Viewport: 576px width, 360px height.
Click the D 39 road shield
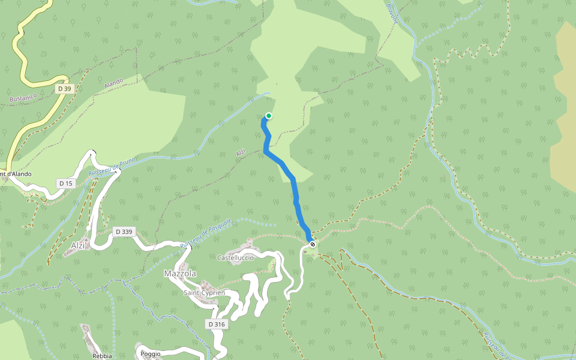(x=64, y=89)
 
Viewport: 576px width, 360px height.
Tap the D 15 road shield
(x=65, y=182)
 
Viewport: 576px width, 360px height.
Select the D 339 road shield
(x=122, y=232)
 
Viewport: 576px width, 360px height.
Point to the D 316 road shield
(x=217, y=324)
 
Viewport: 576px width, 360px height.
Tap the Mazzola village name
(x=179, y=274)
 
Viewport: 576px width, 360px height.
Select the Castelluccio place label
(x=235, y=257)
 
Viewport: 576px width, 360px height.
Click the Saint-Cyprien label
(x=204, y=293)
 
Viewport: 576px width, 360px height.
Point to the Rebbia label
(x=102, y=356)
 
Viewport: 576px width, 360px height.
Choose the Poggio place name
(x=151, y=353)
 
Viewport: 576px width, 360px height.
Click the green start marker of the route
(x=269, y=116)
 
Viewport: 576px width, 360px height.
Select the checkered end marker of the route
(x=312, y=244)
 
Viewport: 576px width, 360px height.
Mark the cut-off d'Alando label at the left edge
(x=16, y=174)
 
